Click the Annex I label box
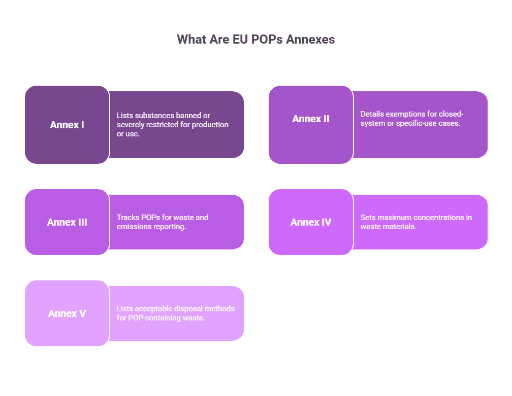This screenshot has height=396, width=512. (67, 125)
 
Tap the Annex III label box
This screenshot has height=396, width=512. (67, 222)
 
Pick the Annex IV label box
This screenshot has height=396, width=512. (311, 222)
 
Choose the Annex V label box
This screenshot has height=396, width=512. (67, 313)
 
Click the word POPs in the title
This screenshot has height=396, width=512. (268, 40)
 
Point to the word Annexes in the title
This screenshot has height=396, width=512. (310, 40)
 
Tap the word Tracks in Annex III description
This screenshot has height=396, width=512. (127, 218)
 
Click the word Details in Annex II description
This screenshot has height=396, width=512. (372, 114)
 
